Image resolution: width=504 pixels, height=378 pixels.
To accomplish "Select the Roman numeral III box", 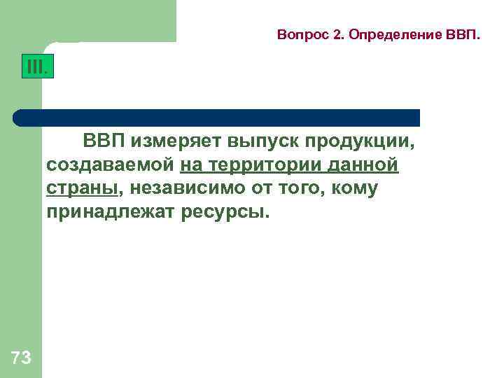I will (36, 68).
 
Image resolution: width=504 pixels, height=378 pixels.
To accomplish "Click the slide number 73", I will (22, 358).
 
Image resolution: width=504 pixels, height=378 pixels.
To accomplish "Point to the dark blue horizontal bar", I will (217, 117).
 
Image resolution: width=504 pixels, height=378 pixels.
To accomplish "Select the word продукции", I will (362, 142).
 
